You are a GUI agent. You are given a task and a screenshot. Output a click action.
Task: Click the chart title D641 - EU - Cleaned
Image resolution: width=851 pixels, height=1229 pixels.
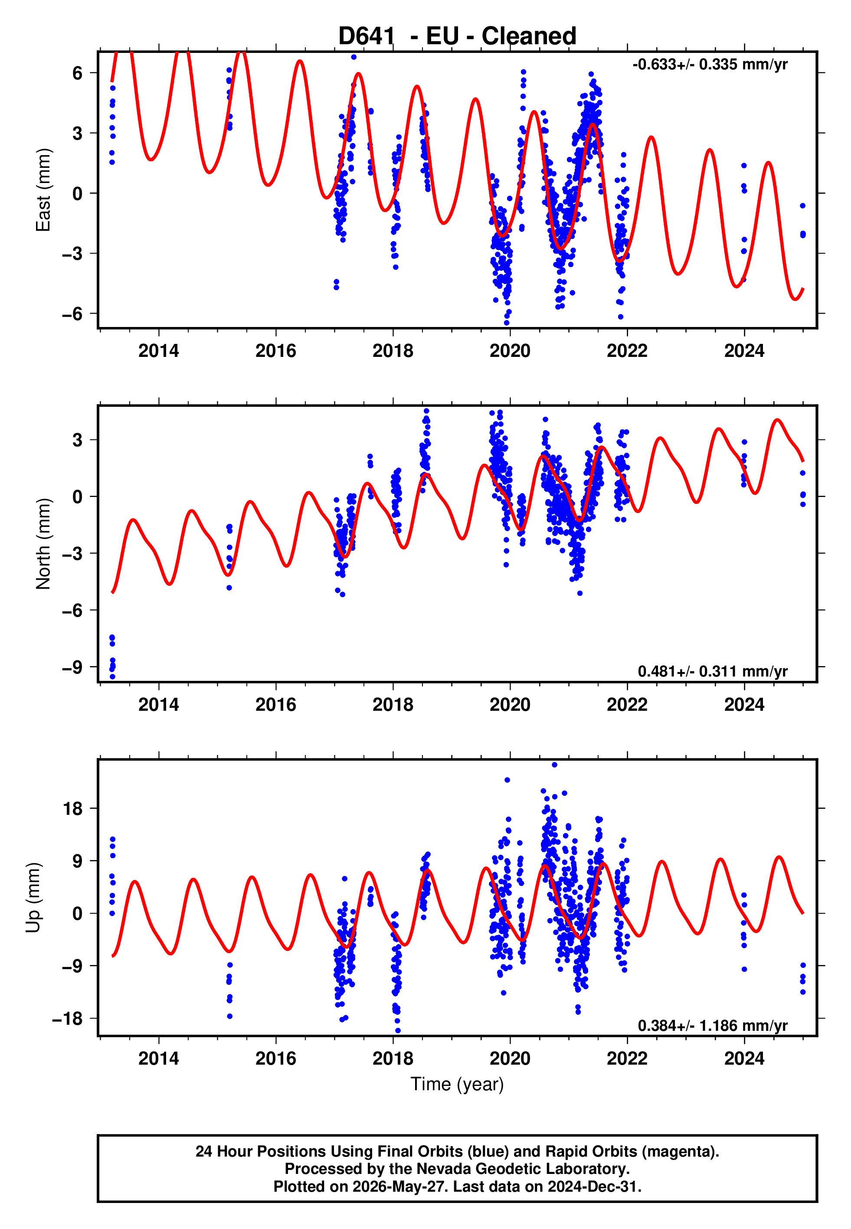click(457, 36)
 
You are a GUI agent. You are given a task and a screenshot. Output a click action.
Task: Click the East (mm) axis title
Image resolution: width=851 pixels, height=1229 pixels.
click(43, 190)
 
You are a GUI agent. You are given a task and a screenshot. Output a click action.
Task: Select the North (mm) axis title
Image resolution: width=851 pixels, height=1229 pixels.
click(43, 544)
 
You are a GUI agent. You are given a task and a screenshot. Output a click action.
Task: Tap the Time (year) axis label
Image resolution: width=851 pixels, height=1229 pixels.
click(457, 1084)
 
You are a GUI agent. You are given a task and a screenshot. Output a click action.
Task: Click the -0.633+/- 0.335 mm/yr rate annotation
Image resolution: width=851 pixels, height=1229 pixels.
click(710, 65)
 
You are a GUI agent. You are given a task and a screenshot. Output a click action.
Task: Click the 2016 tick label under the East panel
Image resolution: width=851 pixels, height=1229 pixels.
click(276, 351)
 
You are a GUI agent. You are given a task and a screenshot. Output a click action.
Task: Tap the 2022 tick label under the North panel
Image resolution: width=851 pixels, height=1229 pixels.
click(627, 705)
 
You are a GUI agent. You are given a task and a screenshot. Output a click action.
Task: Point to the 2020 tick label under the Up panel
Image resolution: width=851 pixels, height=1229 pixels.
click(510, 1059)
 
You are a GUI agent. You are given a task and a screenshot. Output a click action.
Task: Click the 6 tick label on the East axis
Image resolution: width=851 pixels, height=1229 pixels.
click(78, 72)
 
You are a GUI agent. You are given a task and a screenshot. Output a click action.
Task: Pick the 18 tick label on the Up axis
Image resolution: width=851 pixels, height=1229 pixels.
click(73, 808)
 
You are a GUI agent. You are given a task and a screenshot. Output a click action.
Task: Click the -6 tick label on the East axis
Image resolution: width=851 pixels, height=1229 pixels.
click(72, 314)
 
